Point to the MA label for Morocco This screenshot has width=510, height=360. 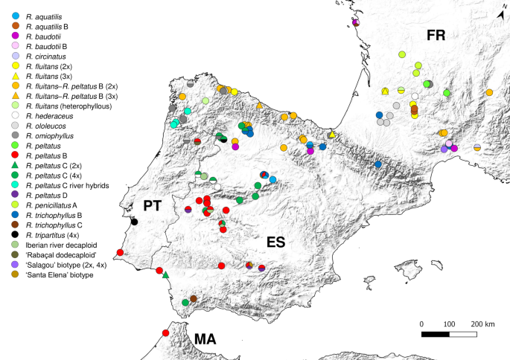click(x=205, y=339)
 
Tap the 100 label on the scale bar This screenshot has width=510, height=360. click(x=450, y=324)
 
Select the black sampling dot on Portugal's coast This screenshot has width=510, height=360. click(x=135, y=222)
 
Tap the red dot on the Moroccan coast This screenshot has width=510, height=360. click(x=165, y=332)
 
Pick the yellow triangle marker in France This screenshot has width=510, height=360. click(x=385, y=91)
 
